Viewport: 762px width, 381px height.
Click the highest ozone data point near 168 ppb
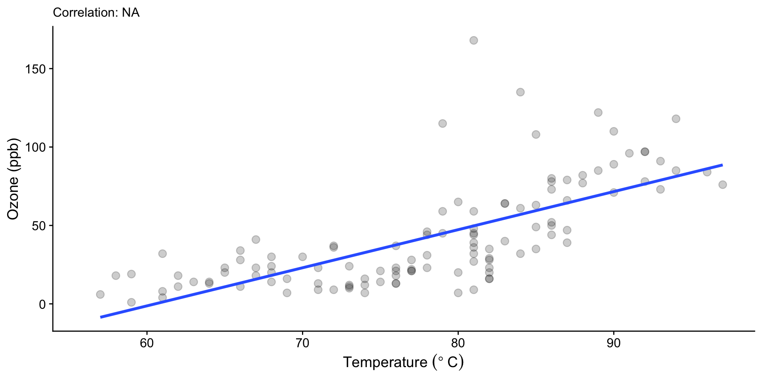point(473,40)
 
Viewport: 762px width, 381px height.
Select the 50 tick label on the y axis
point(39,226)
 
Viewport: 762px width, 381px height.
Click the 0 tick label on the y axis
point(42,304)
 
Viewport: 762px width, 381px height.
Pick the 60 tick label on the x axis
point(147,343)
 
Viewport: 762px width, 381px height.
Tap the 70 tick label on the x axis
point(302,343)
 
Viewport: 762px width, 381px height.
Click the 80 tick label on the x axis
point(458,343)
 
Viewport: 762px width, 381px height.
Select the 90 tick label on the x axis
point(614,343)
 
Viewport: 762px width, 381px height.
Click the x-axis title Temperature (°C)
point(403,362)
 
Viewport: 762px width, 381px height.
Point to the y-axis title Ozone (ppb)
point(13,179)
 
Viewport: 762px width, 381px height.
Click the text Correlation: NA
point(96,13)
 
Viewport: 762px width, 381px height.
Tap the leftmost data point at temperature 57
point(100,294)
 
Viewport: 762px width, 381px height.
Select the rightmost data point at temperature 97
point(722,185)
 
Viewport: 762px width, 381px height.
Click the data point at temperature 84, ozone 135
point(520,92)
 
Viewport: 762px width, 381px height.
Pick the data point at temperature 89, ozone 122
point(598,113)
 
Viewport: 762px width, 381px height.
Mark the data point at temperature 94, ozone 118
point(676,119)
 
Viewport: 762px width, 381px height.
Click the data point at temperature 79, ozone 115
point(443,123)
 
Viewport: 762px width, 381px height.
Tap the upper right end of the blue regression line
point(722,165)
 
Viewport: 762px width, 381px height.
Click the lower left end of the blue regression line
point(101,317)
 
